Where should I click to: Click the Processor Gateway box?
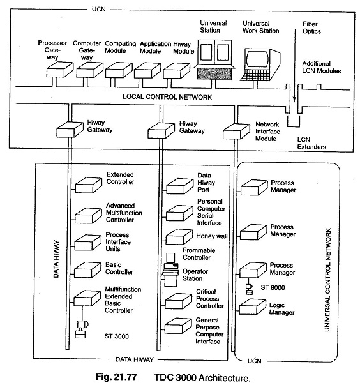[60, 70]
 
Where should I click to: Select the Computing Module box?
[119, 70]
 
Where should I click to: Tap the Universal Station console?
[214, 59]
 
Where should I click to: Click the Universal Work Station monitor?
[260, 64]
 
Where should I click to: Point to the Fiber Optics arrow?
[294, 66]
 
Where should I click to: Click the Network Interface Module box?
[236, 132]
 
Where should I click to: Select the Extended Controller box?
[88, 185]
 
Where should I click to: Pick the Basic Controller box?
[87, 270]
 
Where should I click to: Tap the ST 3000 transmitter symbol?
[82, 329]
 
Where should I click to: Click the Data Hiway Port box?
[179, 186]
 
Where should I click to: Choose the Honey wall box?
[179, 237]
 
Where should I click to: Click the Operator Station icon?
[170, 269]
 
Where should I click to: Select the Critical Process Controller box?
[178, 301]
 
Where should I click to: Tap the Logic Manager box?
[253, 306]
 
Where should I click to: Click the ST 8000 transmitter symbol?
[249, 289]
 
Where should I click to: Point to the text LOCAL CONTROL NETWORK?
[167, 97]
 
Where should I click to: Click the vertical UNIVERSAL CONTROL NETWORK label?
[327, 280]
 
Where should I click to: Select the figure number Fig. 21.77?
[116, 377]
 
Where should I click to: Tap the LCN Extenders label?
[311, 143]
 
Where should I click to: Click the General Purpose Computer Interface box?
[178, 326]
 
